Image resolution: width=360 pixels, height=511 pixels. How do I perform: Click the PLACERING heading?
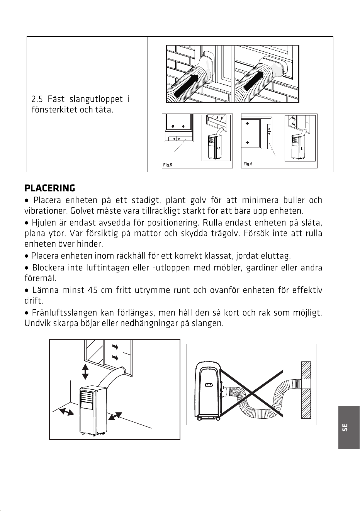pos(50,188)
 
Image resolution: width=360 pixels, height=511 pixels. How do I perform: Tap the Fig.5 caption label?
pos(168,165)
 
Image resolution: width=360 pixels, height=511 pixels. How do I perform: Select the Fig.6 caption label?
pos(248,164)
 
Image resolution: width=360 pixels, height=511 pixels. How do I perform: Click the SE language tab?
pos(345,427)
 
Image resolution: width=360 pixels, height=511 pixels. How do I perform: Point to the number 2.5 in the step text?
pos(37,99)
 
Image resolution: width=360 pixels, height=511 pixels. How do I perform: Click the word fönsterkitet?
pos(54,110)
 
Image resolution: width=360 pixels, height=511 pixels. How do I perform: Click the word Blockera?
pos(48,267)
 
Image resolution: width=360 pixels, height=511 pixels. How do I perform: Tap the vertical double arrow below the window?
pos(85,372)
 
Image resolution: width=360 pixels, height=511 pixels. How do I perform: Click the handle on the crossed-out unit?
pos(209,385)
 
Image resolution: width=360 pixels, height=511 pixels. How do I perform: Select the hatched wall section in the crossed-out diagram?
pos(306,390)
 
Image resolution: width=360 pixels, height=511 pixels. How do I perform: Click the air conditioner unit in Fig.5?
pos(215,147)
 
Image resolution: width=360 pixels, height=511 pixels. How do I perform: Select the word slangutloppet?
pos(96,99)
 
